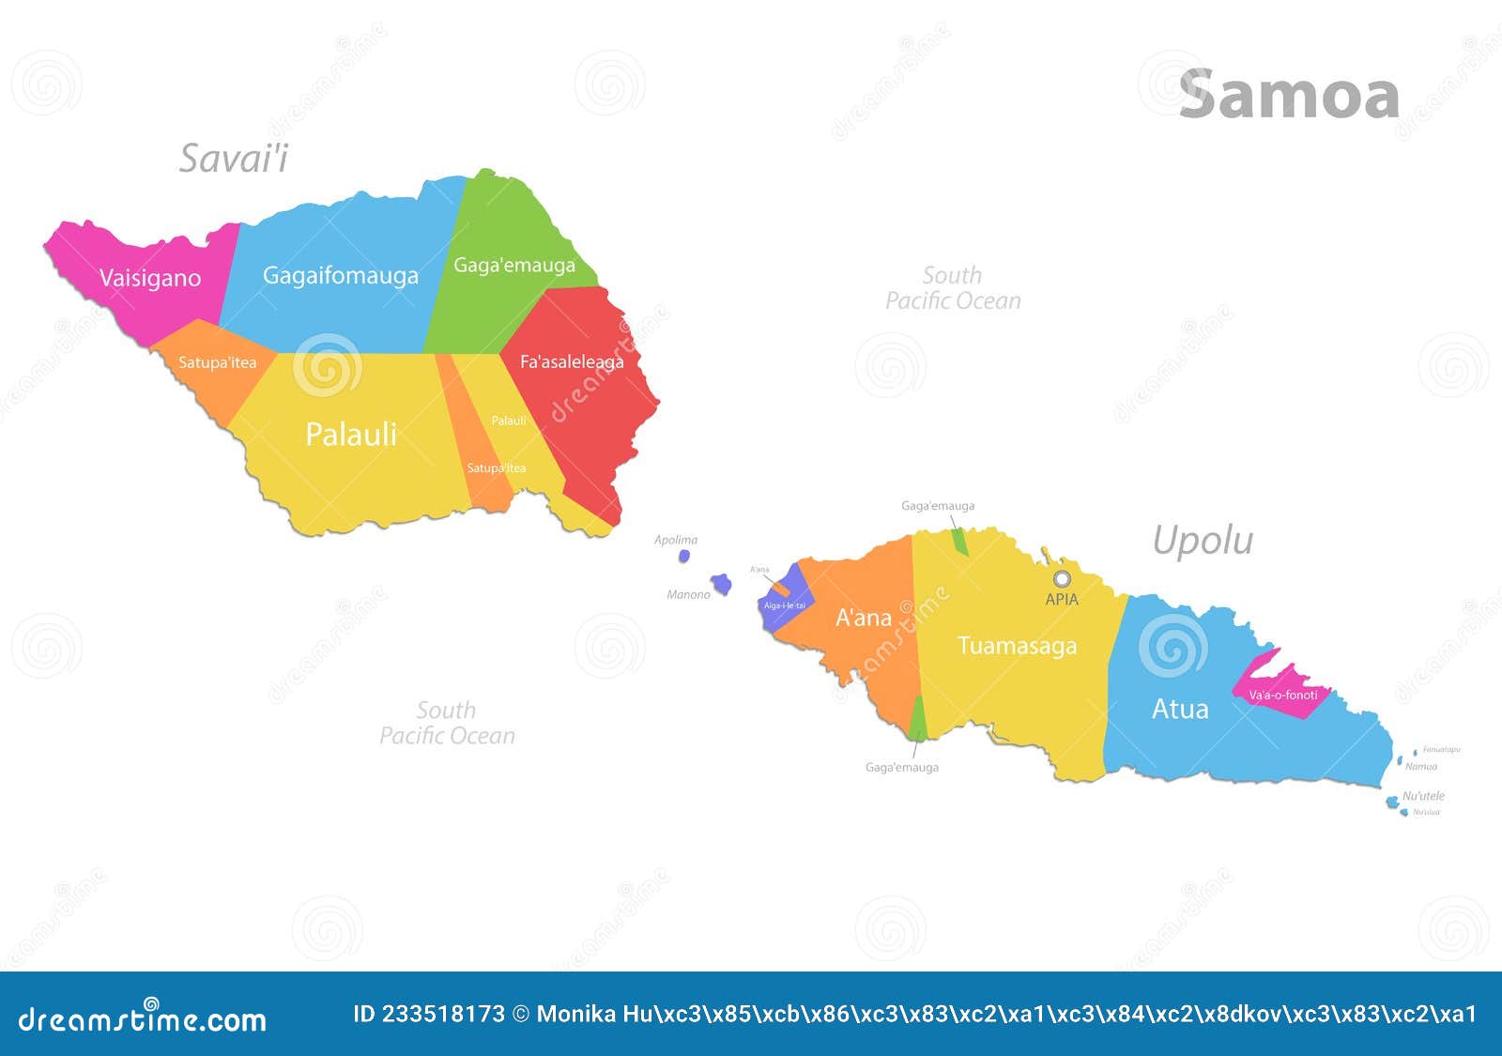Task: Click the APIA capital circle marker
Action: pyautogui.click(x=1061, y=578)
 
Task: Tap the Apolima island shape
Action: pyautogui.click(x=684, y=556)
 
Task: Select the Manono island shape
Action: pyautogui.click(x=721, y=584)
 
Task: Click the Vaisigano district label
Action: pyautogui.click(x=150, y=278)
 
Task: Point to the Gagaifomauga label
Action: pyautogui.click(x=341, y=275)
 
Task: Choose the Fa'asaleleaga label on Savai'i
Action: pyautogui.click(x=572, y=361)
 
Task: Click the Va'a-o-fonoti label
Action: pyautogui.click(x=1282, y=696)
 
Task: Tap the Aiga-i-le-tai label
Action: pyautogui.click(x=784, y=605)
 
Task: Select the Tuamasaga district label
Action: pyautogui.click(x=1017, y=646)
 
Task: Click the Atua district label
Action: pyautogui.click(x=1180, y=709)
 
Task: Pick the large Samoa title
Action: pyautogui.click(x=1289, y=95)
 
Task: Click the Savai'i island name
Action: pyautogui.click(x=234, y=158)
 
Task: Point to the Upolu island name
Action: pyautogui.click(x=1203, y=541)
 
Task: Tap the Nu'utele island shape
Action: pyautogui.click(x=1391, y=802)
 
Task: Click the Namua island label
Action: pyautogui.click(x=1421, y=767)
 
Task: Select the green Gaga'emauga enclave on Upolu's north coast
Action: pyautogui.click(x=958, y=542)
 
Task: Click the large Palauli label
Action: pyautogui.click(x=351, y=434)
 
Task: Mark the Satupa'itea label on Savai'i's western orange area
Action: pyautogui.click(x=217, y=362)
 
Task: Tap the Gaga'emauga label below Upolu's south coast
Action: pyautogui.click(x=901, y=767)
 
